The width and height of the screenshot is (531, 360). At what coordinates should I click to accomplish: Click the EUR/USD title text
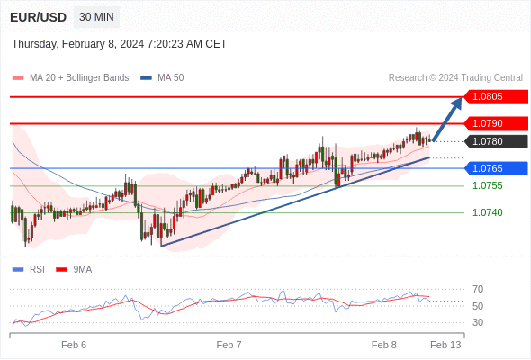coord(39,17)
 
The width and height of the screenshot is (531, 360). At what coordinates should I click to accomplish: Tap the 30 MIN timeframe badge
coord(96,16)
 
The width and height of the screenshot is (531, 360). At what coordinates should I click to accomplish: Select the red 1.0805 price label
coord(496,97)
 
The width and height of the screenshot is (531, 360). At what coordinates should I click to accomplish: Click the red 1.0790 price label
coord(496,123)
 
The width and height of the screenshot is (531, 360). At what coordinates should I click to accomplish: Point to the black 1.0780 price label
coord(496,141)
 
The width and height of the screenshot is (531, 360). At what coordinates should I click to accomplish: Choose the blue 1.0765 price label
coord(496,168)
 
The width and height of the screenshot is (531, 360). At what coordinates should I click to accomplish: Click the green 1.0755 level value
coord(488,185)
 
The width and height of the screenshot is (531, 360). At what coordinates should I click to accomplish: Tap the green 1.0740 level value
coord(488,212)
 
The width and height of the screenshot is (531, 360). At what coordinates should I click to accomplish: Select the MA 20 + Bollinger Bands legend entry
coord(70,78)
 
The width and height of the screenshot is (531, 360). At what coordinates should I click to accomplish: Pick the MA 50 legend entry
coord(162,78)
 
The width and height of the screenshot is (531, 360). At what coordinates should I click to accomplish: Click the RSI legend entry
coord(29,270)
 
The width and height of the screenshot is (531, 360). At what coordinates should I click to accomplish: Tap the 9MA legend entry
coord(74,270)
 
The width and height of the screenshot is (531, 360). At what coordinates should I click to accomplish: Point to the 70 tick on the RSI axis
coord(478,289)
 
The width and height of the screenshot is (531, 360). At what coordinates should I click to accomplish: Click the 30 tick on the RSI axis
coord(478,322)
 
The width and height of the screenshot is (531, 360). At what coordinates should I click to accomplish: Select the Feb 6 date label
coord(74,345)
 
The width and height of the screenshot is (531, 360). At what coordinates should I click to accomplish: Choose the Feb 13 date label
coord(445,345)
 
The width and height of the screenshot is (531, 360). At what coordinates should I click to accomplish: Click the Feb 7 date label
coord(229,345)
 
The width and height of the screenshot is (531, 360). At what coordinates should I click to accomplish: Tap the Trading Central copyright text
coord(455,78)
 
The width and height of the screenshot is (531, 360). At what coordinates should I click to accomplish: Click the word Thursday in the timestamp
coord(35,44)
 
